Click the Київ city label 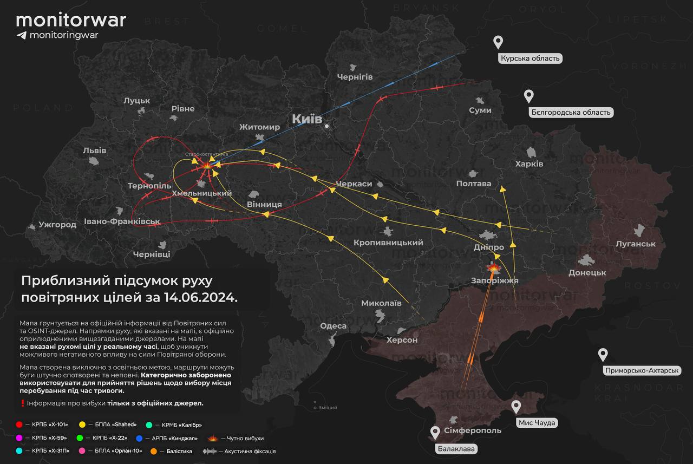click(307, 119)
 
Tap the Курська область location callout click(530, 58)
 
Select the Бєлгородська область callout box click(571, 113)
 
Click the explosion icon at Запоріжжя click(493, 267)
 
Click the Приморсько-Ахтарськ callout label click(642, 370)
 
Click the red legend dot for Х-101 click(19, 424)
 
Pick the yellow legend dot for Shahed click(82, 424)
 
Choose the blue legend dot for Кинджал click(140, 438)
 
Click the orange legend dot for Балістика click(154, 451)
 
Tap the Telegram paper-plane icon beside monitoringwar click(21, 35)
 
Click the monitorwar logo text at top click(71, 20)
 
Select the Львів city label click(95, 151)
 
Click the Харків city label click(529, 164)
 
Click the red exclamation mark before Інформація click(22, 403)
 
